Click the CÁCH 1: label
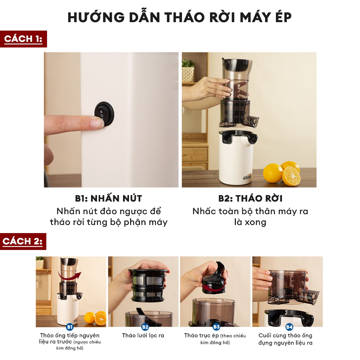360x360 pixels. point(23,39)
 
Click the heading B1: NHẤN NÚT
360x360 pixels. point(108,198)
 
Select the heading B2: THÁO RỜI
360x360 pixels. point(250,198)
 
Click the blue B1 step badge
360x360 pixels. point(69,327)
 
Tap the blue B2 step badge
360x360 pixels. point(145,327)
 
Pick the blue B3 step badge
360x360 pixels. point(216,327)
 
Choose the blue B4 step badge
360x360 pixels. point(289,327)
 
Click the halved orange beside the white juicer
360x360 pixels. point(291,175)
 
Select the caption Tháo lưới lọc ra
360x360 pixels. point(143,335)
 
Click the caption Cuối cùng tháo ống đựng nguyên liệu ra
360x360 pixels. point(285,339)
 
